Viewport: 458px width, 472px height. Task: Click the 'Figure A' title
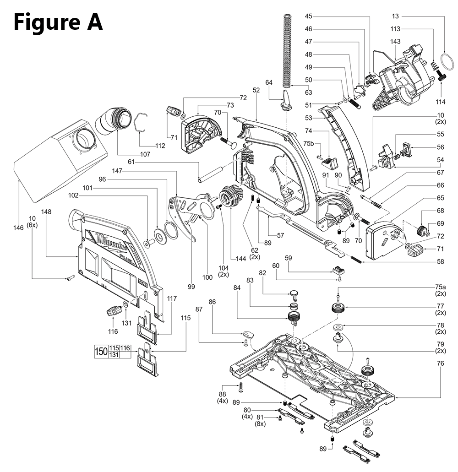click(58, 22)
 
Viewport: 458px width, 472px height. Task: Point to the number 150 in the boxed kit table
click(101, 352)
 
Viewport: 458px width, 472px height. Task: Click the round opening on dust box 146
click(83, 140)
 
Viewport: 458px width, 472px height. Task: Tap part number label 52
click(256, 90)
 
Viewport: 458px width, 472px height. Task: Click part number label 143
click(395, 42)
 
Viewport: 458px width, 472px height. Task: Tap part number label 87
click(198, 310)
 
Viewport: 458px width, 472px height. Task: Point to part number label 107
click(145, 154)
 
